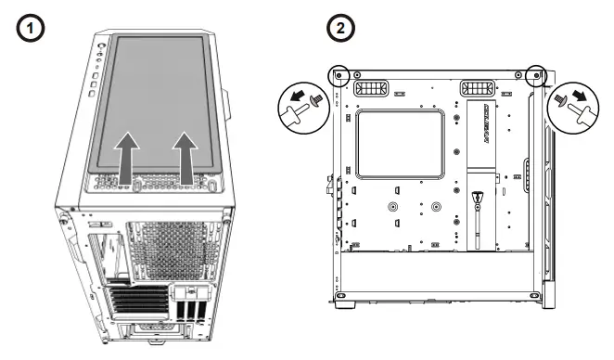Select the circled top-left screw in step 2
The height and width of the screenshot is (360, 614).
[339, 73]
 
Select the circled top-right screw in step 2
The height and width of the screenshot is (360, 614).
[535, 73]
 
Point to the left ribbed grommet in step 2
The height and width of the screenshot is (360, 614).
[374, 89]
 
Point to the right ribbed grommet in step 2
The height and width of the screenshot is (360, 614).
[479, 89]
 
